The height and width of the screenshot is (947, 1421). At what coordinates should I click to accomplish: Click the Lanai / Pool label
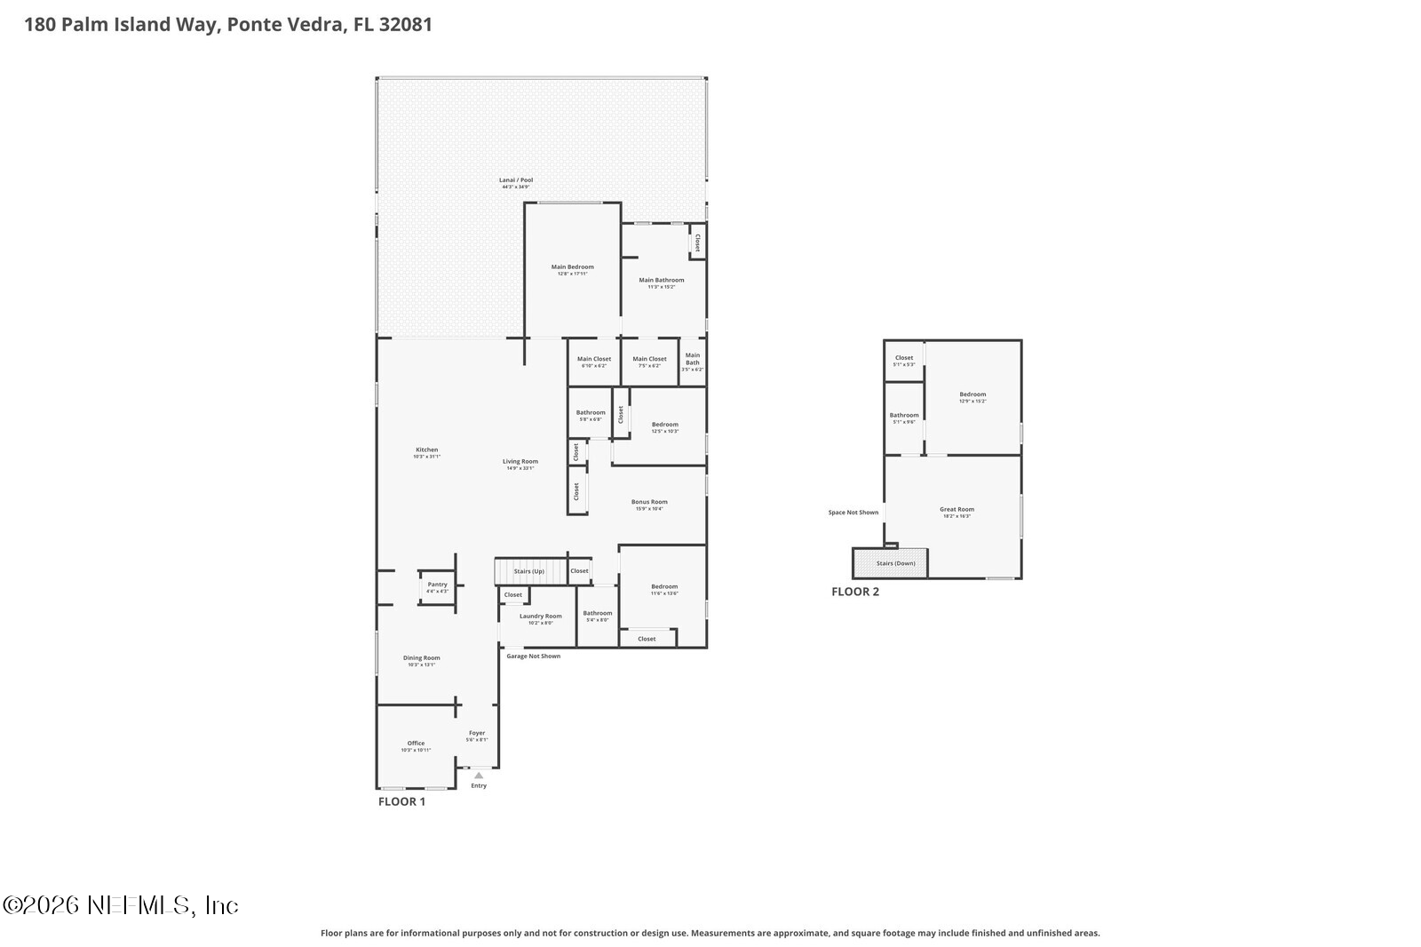(x=515, y=180)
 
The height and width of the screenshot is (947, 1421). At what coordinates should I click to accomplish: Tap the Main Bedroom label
(x=572, y=267)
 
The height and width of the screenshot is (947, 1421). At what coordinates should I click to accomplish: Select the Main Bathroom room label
(x=662, y=281)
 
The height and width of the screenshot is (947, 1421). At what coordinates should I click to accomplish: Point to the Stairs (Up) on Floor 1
(x=529, y=571)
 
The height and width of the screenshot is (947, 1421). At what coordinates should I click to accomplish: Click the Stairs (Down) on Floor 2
(x=894, y=563)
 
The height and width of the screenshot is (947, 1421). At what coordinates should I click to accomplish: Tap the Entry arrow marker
(x=479, y=776)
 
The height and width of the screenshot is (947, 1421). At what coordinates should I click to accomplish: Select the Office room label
(x=416, y=744)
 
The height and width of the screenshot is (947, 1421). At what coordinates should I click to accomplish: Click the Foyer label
(x=477, y=734)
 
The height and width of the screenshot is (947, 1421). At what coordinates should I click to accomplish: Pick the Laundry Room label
(x=540, y=617)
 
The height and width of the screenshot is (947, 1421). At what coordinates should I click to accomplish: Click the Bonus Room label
(x=649, y=502)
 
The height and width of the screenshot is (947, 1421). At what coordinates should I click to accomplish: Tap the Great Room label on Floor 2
(x=957, y=510)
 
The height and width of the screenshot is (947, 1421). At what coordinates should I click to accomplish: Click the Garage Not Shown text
(x=533, y=657)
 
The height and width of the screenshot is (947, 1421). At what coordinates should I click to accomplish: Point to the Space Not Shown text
(x=853, y=513)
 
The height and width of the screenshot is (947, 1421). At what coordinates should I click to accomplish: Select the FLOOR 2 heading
(x=855, y=592)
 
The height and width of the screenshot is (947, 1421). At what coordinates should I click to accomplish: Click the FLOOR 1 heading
(x=401, y=801)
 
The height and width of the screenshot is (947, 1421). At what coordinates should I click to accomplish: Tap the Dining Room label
(x=421, y=658)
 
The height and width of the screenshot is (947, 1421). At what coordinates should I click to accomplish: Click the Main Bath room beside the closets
(x=692, y=359)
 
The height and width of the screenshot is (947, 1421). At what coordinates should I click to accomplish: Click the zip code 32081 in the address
(x=405, y=24)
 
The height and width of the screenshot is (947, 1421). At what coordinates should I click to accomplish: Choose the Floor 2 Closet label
(x=903, y=358)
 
